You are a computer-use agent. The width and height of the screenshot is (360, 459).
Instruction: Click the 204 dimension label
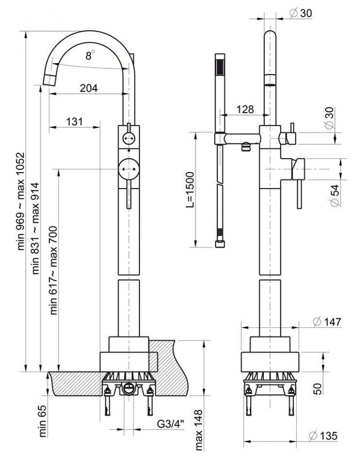[88, 88]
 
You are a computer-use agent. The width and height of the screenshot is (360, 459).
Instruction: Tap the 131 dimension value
[74, 122]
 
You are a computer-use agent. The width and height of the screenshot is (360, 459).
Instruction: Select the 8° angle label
[89, 56]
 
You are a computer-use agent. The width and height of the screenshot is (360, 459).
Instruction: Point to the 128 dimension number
[245, 109]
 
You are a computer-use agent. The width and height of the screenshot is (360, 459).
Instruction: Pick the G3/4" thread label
[170, 424]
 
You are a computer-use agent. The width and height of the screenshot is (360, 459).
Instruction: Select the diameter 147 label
[326, 321]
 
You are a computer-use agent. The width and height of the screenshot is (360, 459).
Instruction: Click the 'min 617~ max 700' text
[54, 270]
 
